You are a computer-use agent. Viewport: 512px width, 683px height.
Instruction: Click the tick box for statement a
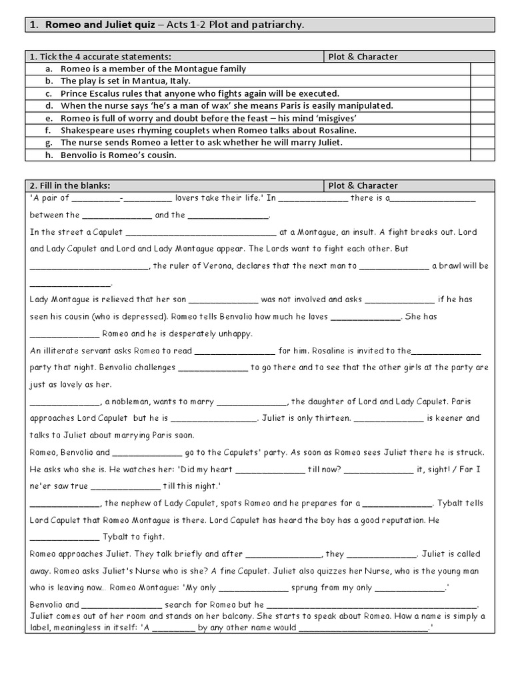pos(483,69)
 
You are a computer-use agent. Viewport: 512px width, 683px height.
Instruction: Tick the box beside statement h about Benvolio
pos(483,155)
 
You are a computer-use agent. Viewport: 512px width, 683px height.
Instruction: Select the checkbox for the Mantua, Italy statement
pos(483,81)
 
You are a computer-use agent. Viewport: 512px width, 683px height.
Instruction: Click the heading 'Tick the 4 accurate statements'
pos(104,57)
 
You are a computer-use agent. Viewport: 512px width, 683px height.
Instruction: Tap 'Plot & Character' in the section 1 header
pos(363,57)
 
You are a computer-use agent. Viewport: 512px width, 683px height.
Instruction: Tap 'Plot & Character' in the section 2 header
pos(363,185)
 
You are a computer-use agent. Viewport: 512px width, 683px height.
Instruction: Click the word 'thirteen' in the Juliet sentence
pos(331,419)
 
